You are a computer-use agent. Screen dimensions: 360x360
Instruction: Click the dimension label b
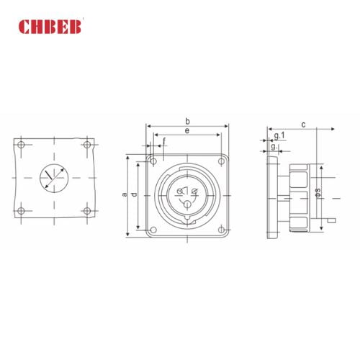pos(187,121)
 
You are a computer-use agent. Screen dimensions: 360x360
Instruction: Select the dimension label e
pos(187,131)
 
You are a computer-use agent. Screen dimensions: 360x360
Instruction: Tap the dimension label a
pos(124,194)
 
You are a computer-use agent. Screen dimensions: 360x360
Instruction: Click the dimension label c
pos(303,125)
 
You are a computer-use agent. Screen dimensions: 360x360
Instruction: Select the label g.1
pos(279,135)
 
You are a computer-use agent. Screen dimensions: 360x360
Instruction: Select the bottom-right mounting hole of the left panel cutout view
pos(87,211)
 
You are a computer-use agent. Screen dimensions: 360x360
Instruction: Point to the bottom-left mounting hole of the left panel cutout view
pos(21,211)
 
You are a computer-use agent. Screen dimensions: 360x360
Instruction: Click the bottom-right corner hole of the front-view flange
pos(222,230)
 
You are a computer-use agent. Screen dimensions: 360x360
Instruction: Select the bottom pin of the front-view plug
pos(187,204)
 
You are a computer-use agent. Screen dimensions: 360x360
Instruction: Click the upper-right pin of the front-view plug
pos(195,189)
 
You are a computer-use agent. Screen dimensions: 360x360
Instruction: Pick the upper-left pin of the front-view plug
pos(180,190)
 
